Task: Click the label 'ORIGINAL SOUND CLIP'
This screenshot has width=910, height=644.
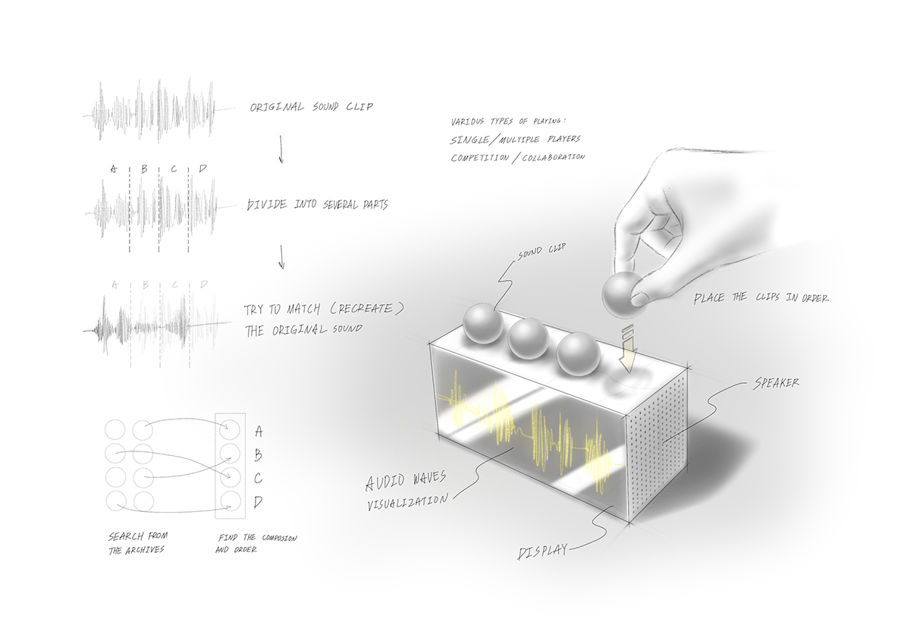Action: [312, 107]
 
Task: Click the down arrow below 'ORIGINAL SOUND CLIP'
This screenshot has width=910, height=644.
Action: [281, 150]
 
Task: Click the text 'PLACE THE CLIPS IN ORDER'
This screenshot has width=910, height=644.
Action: [761, 298]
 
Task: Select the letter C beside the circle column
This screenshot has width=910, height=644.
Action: [259, 479]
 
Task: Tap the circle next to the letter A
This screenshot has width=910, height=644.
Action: [230, 431]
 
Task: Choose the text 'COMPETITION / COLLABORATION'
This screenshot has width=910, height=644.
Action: [518, 157]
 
